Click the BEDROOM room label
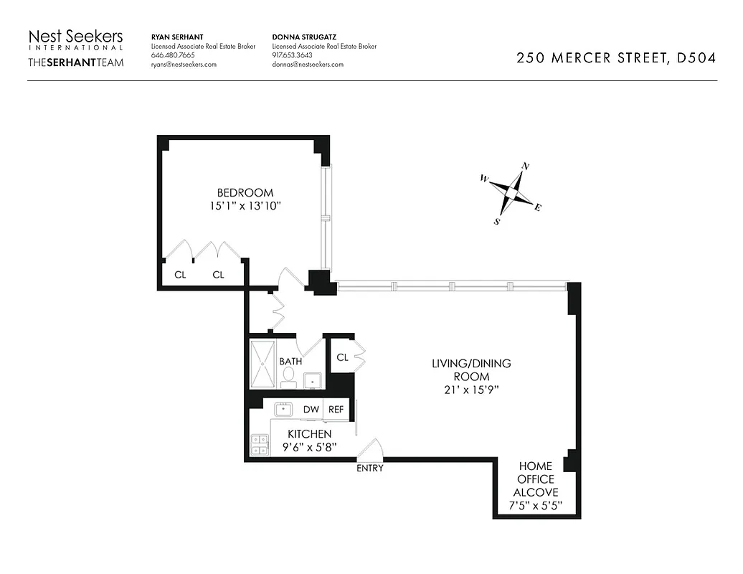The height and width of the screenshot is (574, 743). tap(245, 192)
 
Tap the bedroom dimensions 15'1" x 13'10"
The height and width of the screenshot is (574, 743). tap(245, 206)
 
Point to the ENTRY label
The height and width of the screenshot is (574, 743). tap(370, 469)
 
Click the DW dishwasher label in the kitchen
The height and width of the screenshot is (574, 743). tap(311, 409)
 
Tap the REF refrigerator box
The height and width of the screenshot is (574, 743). tap(336, 409)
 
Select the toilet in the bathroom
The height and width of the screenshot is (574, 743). tap(290, 377)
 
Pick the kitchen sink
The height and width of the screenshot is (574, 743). tap(283, 409)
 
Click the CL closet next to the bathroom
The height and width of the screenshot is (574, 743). tap(341, 357)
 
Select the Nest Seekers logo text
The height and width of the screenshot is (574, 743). tap(75, 37)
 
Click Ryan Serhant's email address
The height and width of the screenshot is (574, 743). tap(184, 64)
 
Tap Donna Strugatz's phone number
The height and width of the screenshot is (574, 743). tap(293, 55)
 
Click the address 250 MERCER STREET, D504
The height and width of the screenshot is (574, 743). tap(615, 58)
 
